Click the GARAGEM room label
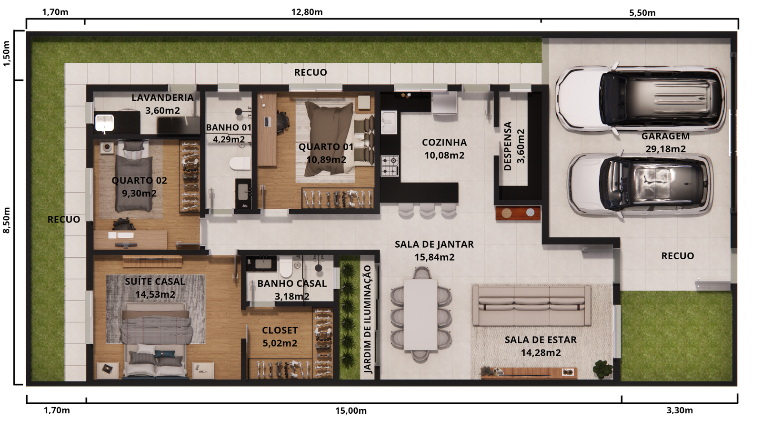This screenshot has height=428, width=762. (665, 136)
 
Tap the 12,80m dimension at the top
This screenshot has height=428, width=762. (307, 12)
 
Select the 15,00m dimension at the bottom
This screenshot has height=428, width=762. (351, 411)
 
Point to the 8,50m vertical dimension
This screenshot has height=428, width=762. (7, 220)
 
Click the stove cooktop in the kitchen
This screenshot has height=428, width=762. (390, 166)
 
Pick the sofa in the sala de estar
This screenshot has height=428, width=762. (531, 305)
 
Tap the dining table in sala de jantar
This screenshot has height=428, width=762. (421, 314)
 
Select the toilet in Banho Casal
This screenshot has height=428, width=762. (286, 268)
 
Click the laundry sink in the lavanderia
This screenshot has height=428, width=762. (104, 123)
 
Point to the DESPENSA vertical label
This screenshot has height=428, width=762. (508, 146)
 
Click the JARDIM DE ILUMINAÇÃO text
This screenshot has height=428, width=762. (367, 319)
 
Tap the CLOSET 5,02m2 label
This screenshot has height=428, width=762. (280, 337)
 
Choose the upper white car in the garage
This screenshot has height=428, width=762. (641, 98)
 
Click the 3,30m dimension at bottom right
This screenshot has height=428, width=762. (680, 410)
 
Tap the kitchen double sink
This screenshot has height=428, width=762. (389, 122)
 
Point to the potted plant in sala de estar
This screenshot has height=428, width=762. (603, 369)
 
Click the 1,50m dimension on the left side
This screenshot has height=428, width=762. (7, 54)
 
